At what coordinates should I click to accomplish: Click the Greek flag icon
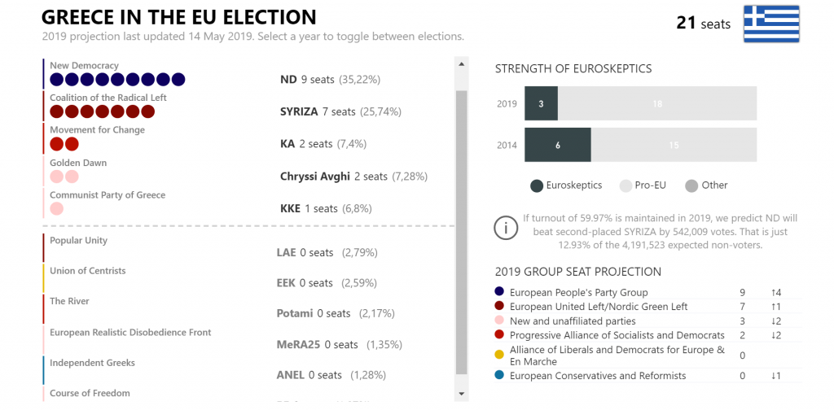(771, 24)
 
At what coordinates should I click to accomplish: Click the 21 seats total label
(703, 24)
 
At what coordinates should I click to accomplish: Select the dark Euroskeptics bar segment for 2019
(542, 104)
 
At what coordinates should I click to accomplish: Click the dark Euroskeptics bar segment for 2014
(558, 145)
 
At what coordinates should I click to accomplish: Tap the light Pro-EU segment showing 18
(657, 104)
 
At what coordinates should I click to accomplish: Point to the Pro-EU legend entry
(643, 185)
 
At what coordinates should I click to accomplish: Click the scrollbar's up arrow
(461, 64)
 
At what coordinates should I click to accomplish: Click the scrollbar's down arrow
(461, 394)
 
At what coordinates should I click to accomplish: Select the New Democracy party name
(84, 66)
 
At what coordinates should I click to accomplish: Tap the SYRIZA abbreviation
(299, 111)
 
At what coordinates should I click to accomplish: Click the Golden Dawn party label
(78, 163)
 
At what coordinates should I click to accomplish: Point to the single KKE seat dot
(57, 209)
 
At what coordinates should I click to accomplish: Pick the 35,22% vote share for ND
(359, 80)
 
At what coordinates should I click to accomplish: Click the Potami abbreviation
(295, 313)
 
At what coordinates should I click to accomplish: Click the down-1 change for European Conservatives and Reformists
(775, 376)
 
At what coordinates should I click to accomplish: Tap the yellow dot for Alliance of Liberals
(499, 355)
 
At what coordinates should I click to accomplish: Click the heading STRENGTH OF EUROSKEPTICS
(573, 69)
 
